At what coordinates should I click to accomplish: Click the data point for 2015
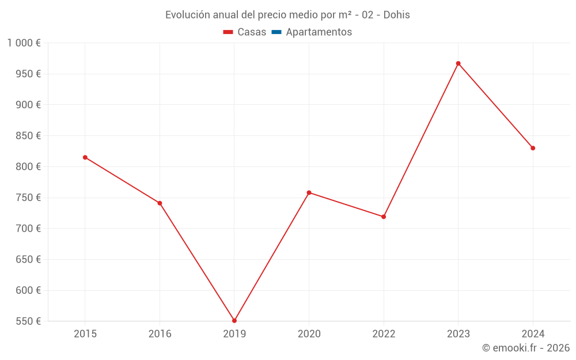[85, 157]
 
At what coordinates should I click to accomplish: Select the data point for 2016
[160, 203]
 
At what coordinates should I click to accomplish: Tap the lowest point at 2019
[234, 321]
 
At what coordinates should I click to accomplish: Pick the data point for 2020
[309, 192]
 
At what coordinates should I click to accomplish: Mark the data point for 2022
[384, 217]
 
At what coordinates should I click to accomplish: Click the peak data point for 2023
[458, 63]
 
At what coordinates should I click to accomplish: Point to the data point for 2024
[533, 148]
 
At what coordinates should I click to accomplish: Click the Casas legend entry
[245, 32]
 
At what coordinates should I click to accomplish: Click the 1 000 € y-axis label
[24, 43]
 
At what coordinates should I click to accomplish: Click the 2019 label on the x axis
[234, 334]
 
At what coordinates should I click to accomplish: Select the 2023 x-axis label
[458, 334]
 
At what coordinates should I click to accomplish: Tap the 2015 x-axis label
[85, 334]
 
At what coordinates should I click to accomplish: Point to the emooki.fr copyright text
[526, 348]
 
